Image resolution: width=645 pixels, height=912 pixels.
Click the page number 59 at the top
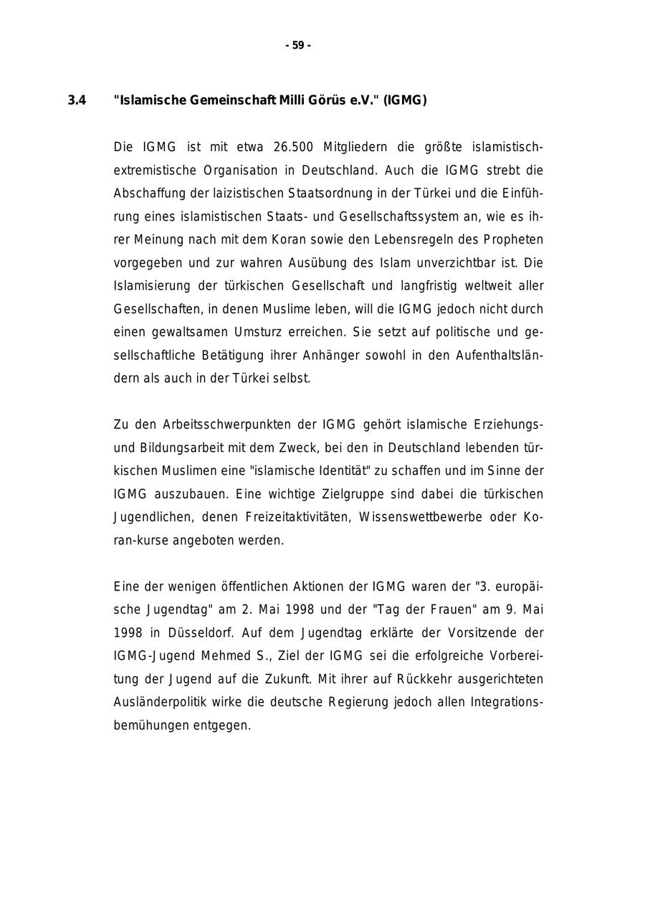tap(298, 46)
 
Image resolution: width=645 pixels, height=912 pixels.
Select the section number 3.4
tap(77, 101)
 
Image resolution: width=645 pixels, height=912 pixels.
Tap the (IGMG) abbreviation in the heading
tap(405, 101)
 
